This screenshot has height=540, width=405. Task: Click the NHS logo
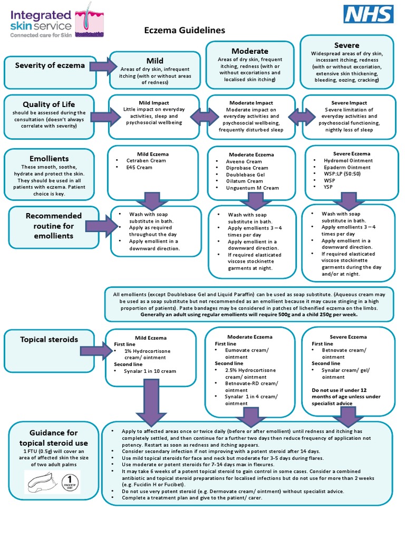pos(369,14)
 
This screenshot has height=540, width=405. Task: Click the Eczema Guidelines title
pos(185,31)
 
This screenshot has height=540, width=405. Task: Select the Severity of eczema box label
pos(50,65)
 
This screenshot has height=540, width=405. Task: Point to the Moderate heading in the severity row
pos(250,51)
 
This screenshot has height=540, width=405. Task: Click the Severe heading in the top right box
pos(346,45)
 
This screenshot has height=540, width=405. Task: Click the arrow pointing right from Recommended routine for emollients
pos(102,226)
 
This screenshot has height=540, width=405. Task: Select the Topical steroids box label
pos(49,339)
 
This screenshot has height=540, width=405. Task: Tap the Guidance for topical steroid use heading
pos(53,438)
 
